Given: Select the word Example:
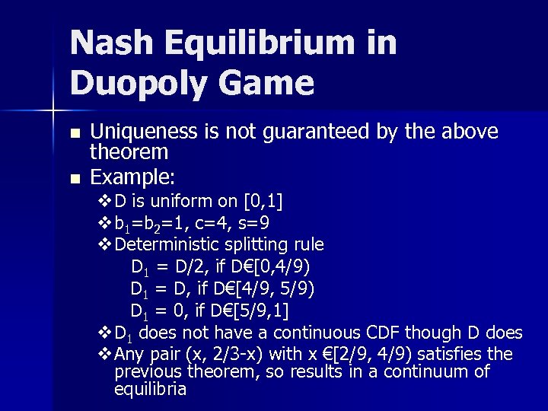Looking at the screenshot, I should pyautogui.click(x=133, y=177).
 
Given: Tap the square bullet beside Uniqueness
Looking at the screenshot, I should pyautogui.click(x=74, y=133).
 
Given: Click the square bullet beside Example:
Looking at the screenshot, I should pyautogui.click(x=74, y=179).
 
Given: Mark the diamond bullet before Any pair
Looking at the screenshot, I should pyautogui.click(x=106, y=355).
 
